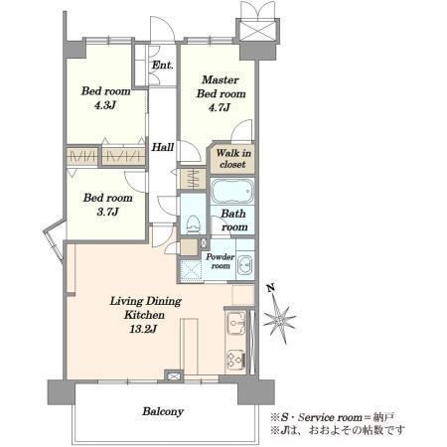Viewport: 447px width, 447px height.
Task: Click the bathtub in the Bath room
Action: (232, 192)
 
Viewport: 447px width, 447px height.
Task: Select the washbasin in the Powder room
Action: (245, 265)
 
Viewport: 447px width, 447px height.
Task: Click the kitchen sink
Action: (235, 322)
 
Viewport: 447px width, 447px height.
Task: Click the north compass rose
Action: (279, 319)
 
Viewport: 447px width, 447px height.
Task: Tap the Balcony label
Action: (163, 411)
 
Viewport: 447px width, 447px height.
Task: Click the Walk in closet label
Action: (233, 159)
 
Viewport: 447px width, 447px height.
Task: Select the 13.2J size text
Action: (143, 329)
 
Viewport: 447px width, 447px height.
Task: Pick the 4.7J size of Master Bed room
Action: (220, 107)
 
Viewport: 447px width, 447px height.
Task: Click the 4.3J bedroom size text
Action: (104, 105)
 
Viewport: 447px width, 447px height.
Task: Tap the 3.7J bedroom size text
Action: (107, 212)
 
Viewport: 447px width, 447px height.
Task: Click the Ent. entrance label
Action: (162, 66)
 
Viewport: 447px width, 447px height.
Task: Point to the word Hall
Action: (163, 147)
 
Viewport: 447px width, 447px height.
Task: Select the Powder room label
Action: (221, 261)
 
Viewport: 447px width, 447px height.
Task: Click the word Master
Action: (221, 79)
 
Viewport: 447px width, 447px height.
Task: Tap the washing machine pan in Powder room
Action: (191, 270)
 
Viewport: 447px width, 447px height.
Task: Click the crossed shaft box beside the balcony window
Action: (174, 376)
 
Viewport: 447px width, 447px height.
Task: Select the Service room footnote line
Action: (333, 417)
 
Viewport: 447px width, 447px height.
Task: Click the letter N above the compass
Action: (271, 288)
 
